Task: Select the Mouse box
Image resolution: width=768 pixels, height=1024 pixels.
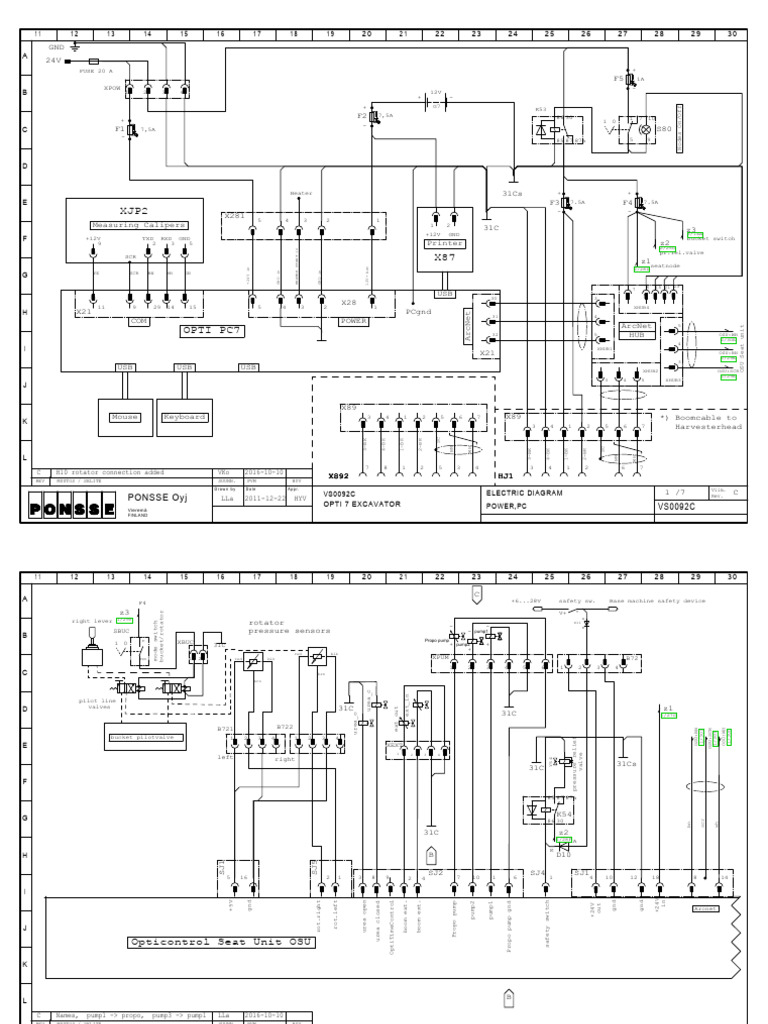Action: tap(125, 416)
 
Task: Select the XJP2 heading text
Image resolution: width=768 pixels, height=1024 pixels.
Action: tap(132, 212)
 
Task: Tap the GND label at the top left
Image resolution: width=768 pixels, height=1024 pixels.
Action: tap(56, 46)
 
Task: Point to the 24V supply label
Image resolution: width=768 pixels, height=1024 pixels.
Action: tap(54, 60)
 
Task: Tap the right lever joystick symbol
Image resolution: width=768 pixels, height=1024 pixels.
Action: tap(85, 657)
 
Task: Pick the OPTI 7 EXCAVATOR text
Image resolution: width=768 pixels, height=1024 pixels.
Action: tap(362, 504)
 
